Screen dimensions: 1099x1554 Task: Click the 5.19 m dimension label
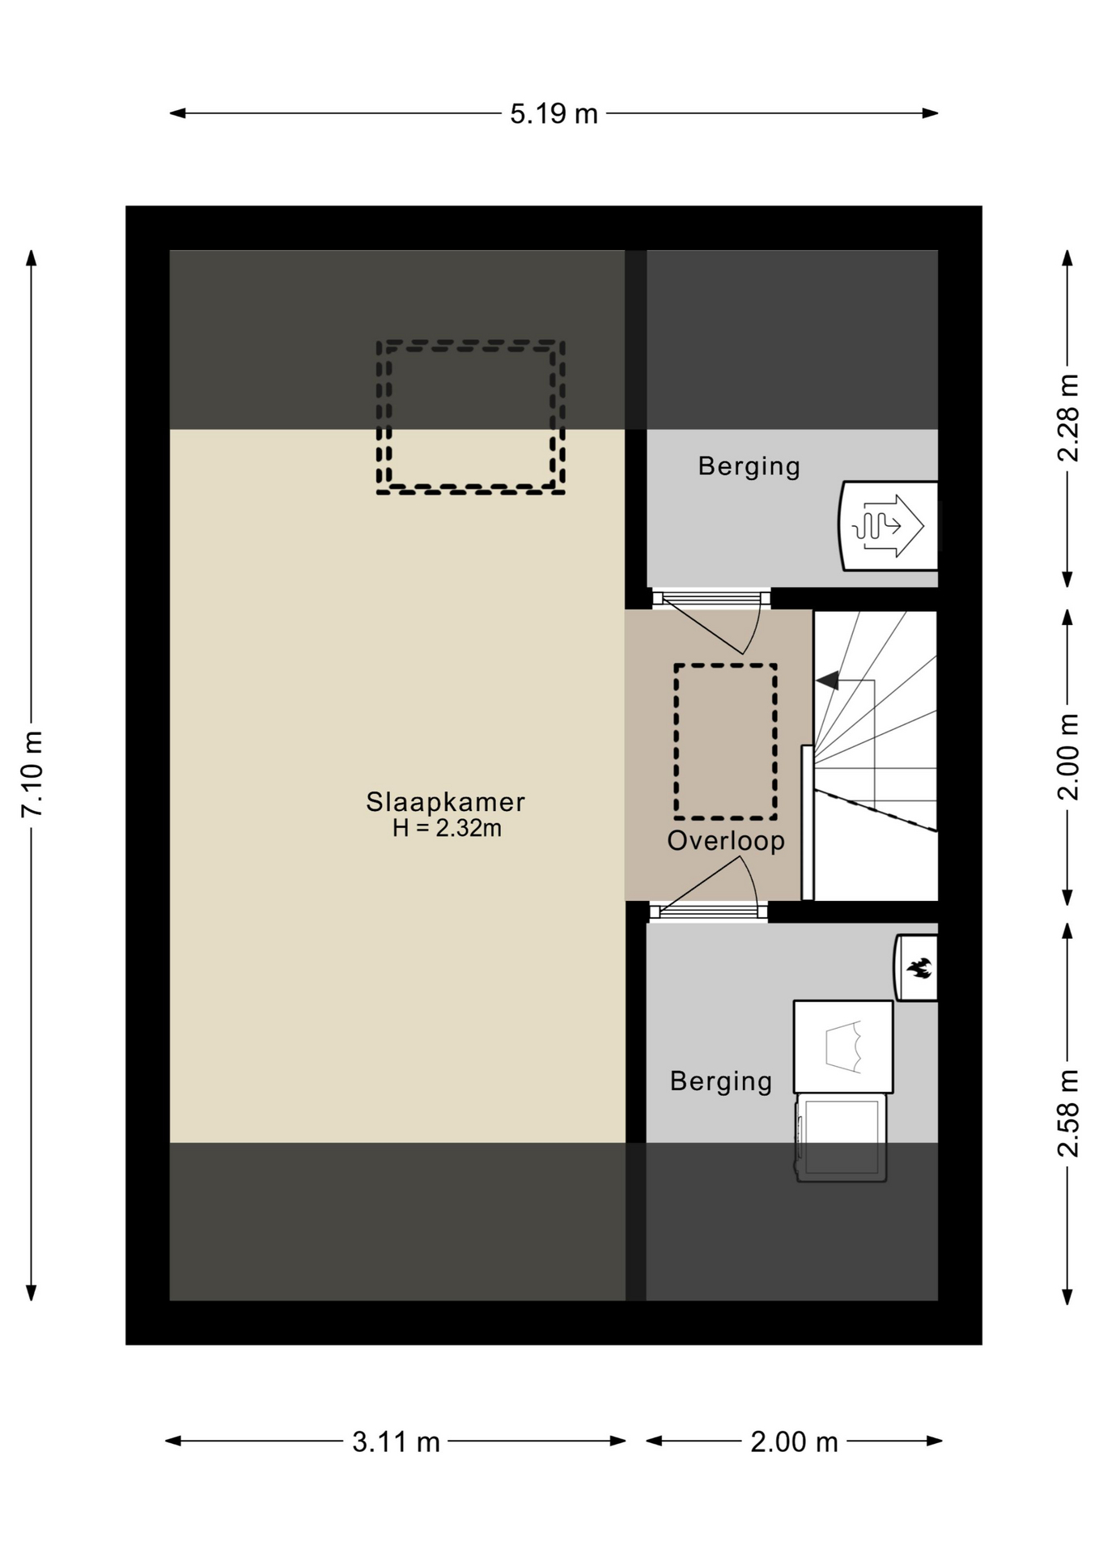click(554, 113)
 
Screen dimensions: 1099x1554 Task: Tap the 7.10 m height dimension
click(32, 774)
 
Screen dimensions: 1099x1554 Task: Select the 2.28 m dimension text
click(1068, 418)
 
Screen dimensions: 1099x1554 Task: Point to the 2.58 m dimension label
click(1068, 1113)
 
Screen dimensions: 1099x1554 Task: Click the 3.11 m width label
click(396, 1441)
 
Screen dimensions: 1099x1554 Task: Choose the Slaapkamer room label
click(446, 802)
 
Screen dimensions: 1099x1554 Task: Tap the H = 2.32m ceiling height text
click(447, 828)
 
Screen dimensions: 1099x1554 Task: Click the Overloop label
click(726, 841)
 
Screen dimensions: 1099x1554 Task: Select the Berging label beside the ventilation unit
click(749, 467)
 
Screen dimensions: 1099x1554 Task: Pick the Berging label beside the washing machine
click(721, 1082)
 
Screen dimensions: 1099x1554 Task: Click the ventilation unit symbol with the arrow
click(889, 526)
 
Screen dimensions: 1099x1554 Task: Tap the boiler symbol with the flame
click(916, 968)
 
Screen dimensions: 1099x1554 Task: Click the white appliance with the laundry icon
click(843, 1047)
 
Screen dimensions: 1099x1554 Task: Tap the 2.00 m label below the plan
click(794, 1441)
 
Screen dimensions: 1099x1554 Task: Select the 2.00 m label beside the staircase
click(1068, 757)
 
